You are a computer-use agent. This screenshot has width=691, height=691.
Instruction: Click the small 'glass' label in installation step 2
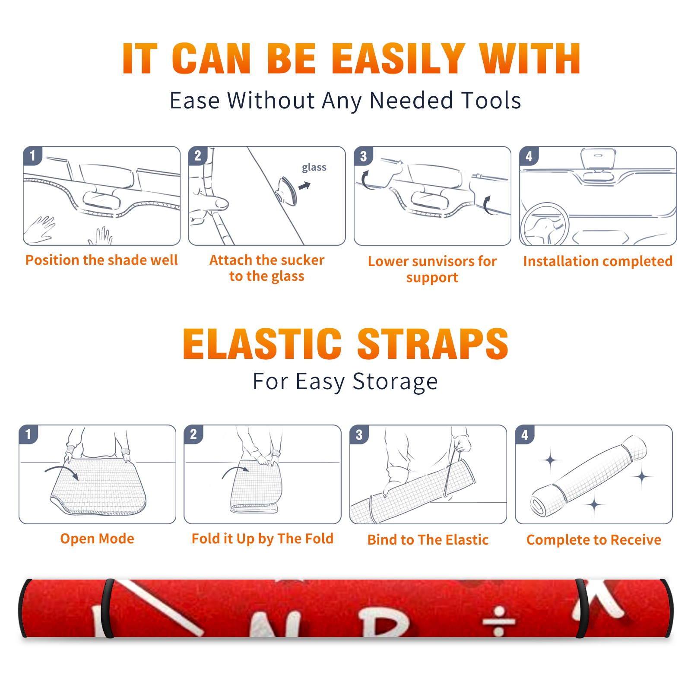click(x=314, y=168)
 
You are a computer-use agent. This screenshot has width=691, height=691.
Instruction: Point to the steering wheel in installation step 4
click(x=545, y=225)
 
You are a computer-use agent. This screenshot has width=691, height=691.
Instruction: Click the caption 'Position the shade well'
click(x=101, y=260)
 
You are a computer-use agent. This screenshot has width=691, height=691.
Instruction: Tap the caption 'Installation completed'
click(x=598, y=261)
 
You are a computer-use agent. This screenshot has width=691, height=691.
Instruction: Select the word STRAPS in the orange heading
click(x=433, y=344)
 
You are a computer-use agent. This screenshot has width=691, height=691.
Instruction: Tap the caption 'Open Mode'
click(x=97, y=539)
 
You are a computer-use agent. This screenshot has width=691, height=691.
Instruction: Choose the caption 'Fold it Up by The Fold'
click(x=263, y=539)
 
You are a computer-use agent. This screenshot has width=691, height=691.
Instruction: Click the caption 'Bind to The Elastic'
click(x=428, y=540)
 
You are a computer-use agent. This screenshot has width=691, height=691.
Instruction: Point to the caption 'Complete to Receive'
click(x=594, y=540)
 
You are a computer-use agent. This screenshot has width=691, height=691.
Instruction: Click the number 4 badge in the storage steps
click(x=525, y=434)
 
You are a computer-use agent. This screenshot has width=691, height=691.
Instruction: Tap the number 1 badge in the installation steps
click(x=33, y=155)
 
